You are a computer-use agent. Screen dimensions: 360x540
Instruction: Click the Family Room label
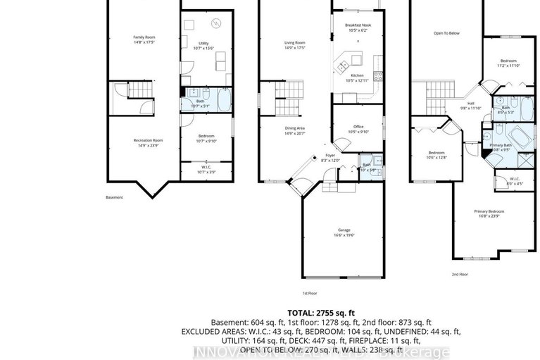click(x=144, y=37)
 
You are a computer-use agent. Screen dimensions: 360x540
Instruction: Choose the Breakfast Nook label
click(x=358, y=25)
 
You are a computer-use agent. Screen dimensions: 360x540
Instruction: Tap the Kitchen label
click(x=357, y=75)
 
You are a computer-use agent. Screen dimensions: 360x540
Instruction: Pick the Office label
click(x=358, y=128)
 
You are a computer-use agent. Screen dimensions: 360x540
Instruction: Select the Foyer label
click(x=330, y=156)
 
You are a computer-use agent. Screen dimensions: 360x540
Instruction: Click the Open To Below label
click(x=446, y=32)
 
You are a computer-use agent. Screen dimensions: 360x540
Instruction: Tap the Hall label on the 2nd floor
click(x=470, y=104)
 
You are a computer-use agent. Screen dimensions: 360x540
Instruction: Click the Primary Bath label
click(x=500, y=144)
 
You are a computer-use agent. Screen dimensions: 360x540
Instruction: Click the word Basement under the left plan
click(x=114, y=197)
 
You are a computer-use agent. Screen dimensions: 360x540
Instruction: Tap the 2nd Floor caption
click(x=459, y=274)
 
